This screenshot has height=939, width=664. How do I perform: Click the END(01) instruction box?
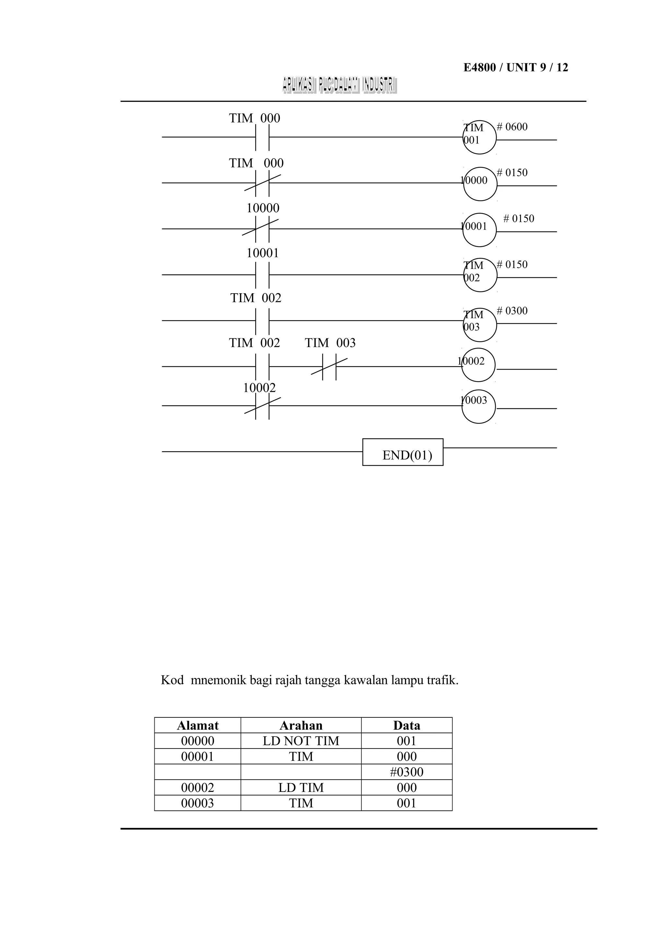[x=403, y=452]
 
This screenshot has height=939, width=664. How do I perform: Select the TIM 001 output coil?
[x=480, y=137]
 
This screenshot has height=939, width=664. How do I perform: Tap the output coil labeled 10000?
[x=480, y=184]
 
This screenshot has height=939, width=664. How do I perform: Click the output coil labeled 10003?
[x=479, y=407]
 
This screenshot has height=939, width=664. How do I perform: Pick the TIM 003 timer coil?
[x=480, y=324]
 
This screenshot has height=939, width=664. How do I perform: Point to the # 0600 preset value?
[x=512, y=127]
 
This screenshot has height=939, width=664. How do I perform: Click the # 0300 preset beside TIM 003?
[x=512, y=311]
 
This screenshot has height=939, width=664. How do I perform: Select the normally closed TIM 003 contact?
[x=329, y=366]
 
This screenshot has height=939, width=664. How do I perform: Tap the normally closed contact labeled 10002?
[x=262, y=406]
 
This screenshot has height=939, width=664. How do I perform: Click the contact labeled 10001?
[x=262, y=274]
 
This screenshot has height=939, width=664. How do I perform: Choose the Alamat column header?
[x=197, y=725]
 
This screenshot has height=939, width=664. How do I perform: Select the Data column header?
[x=406, y=725]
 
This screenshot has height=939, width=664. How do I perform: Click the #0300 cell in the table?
[x=406, y=772]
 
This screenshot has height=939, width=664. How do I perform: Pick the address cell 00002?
[x=197, y=788]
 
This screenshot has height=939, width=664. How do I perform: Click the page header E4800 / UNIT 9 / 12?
[x=516, y=67]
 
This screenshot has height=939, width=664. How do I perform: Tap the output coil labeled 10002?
[x=478, y=365]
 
